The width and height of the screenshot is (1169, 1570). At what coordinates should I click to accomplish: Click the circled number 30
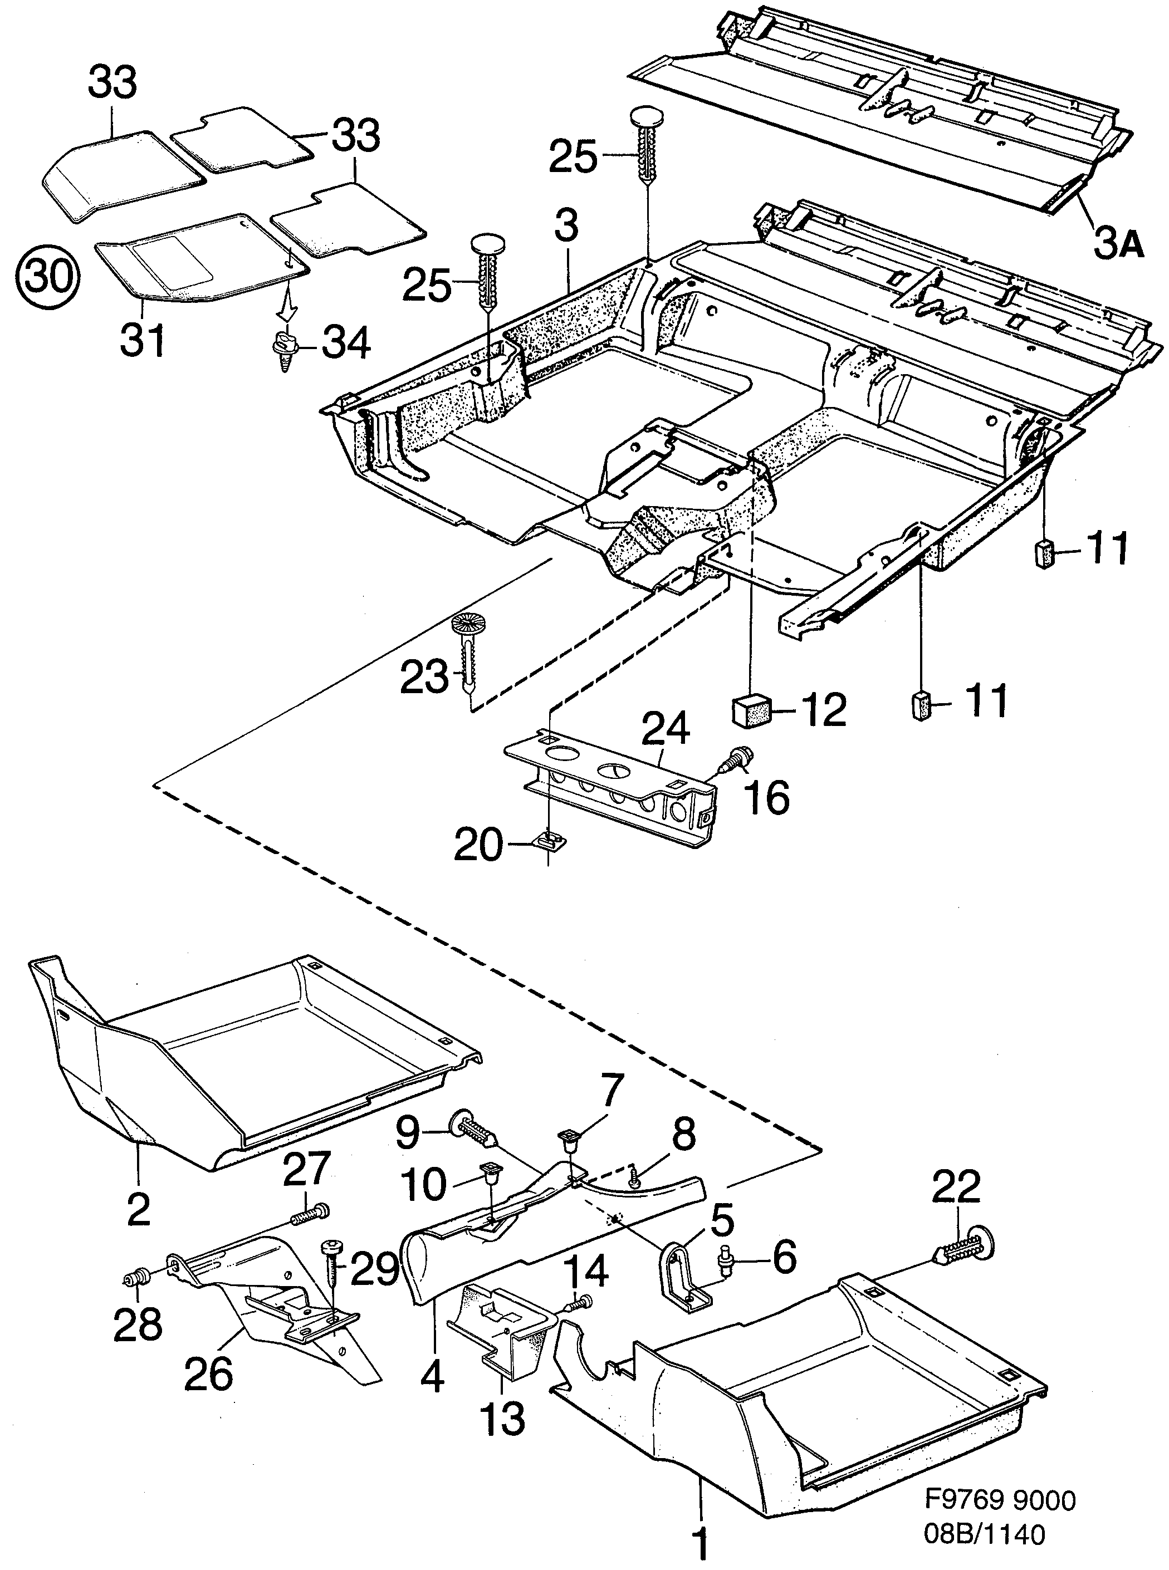(50, 277)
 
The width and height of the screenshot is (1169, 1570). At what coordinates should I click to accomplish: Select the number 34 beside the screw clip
(346, 345)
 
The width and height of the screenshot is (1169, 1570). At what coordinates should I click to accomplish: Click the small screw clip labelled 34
(285, 350)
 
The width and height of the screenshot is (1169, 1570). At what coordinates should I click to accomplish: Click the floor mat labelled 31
(198, 258)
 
